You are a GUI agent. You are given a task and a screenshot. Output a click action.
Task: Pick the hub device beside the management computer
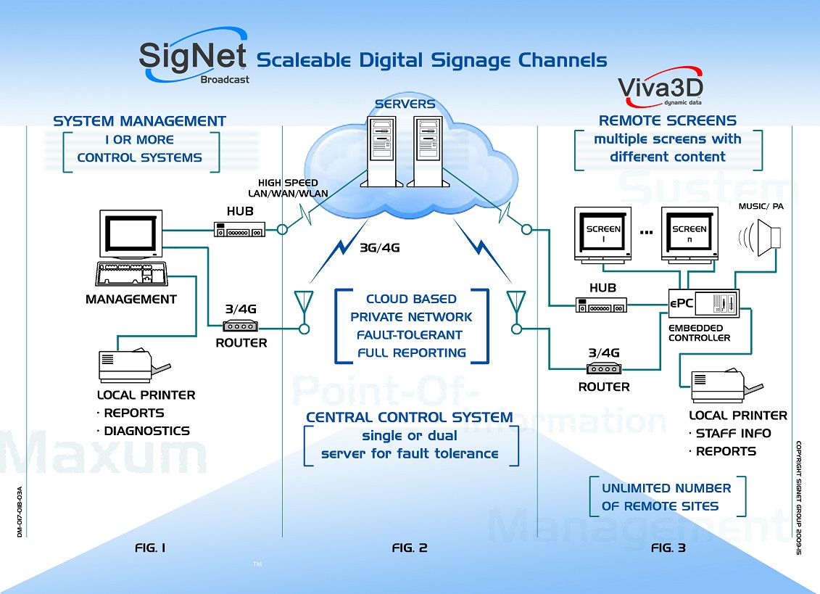tap(239, 230)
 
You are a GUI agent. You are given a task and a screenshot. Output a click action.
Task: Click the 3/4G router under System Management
tap(241, 326)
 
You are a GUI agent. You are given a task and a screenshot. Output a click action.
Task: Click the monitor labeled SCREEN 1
tap(603, 234)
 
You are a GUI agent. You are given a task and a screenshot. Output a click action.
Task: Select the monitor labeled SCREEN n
tap(689, 234)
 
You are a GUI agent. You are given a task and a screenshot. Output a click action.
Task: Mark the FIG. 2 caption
tap(410, 548)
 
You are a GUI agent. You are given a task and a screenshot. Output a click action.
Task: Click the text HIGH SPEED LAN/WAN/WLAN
tap(294, 188)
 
